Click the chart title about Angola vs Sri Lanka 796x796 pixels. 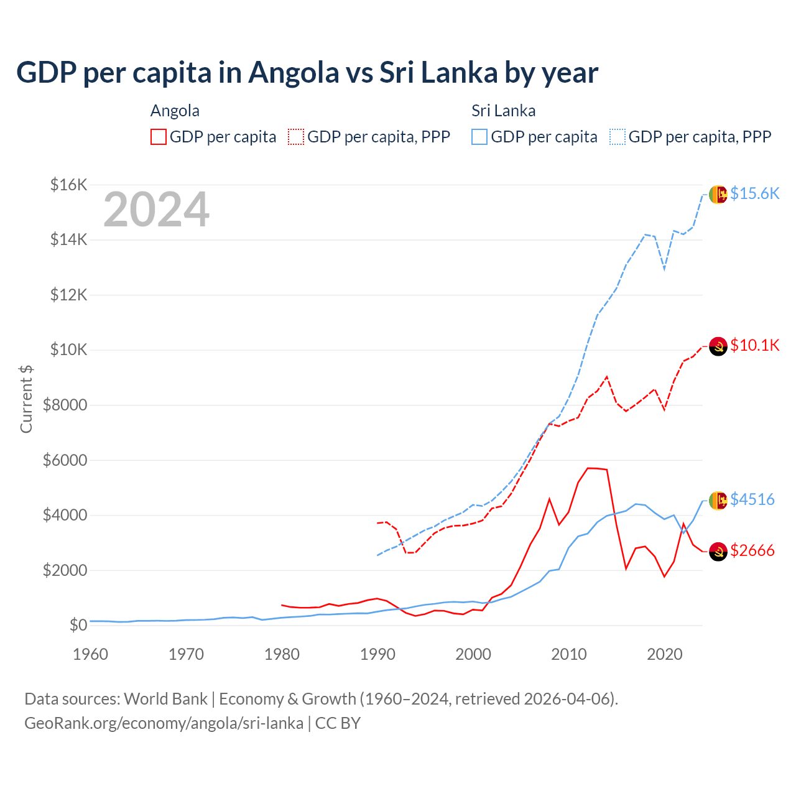[307, 73]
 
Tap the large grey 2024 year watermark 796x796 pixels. [156, 210]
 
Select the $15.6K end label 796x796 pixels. [754, 193]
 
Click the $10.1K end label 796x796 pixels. [754, 345]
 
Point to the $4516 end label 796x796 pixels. [752, 499]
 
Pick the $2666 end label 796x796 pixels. [752, 550]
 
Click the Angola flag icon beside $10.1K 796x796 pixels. [718, 346]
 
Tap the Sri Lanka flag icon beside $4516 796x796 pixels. [718, 500]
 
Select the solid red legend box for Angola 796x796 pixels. [159, 137]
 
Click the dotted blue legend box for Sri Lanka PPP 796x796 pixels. [618, 137]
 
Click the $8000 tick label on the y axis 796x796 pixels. [65, 405]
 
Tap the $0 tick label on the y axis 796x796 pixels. [78, 625]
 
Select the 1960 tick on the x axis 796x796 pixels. [91, 654]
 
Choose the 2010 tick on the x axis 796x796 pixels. [569, 654]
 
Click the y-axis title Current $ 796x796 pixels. [26, 399]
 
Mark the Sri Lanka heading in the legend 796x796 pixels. [503, 111]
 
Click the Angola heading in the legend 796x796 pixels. [175, 111]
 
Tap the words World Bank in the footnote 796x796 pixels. [165, 699]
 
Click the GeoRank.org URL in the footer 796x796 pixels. [164, 723]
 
